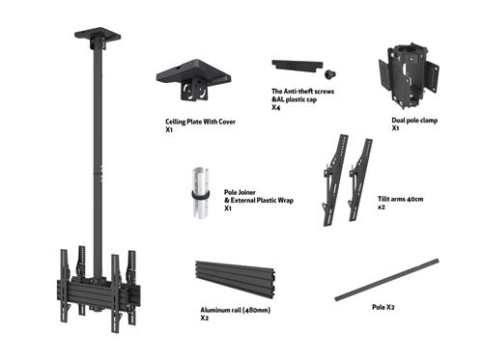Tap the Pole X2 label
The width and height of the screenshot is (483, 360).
point(383,306)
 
